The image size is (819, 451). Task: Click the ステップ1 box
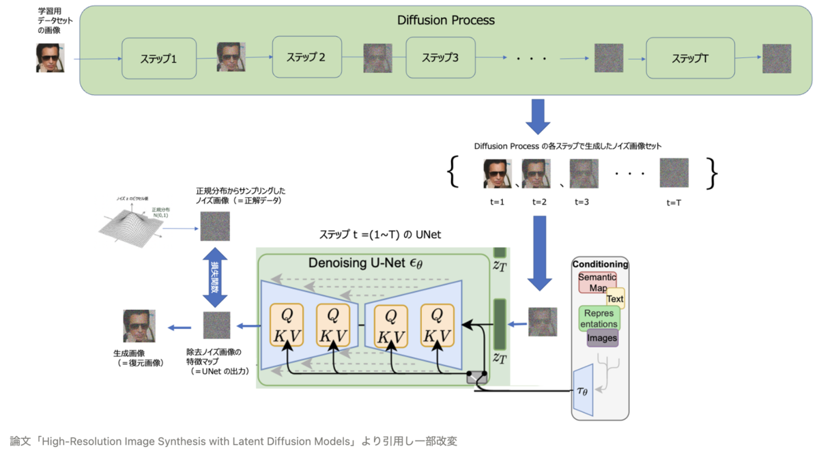(x=159, y=59)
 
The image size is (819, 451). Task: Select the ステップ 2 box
(x=306, y=57)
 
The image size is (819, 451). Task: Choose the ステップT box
(x=690, y=59)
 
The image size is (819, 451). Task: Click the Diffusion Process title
(x=446, y=20)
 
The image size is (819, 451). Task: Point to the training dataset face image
(x=50, y=58)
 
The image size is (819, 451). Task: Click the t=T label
(x=674, y=203)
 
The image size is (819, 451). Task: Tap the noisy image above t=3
(x=584, y=173)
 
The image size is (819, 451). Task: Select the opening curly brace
(x=454, y=173)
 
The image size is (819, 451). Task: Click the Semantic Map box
(x=597, y=282)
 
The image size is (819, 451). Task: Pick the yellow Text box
(x=615, y=298)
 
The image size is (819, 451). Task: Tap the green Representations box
(x=599, y=318)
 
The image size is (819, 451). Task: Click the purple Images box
(x=602, y=338)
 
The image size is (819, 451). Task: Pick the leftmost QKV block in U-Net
(x=287, y=325)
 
